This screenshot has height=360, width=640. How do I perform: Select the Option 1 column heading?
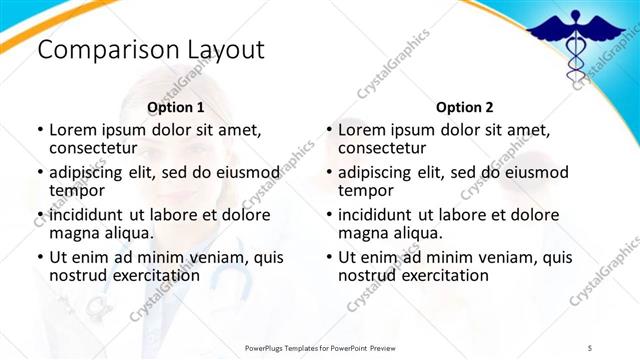pos(175,107)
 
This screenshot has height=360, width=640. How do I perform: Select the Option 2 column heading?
pos(465,107)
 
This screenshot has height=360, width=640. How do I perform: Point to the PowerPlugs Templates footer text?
pos(328,347)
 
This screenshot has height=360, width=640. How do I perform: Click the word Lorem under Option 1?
pos(73,130)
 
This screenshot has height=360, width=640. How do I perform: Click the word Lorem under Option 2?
pos(363,130)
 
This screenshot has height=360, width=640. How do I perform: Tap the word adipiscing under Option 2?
pos(380,172)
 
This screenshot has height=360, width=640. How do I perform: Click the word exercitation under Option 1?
pos(147,275)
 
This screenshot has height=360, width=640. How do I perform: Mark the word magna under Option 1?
pos(75,233)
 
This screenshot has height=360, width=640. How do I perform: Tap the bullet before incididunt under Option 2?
pos(329,215)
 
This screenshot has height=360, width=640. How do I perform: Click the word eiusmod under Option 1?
pos(246,172)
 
